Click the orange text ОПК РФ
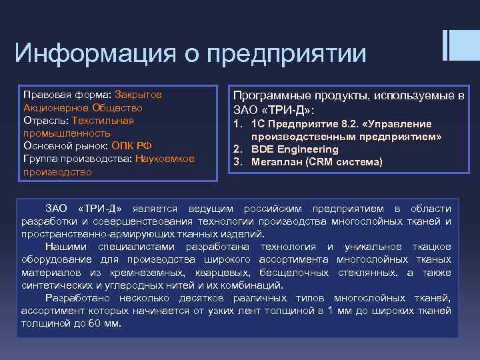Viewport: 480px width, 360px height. pos(133,145)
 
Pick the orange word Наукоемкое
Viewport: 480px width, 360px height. pos(165,158)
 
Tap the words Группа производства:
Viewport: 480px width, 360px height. pos(77,158)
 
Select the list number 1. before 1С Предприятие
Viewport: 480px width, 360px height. pos(237,124)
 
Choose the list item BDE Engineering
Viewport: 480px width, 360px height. pos(294,149)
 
